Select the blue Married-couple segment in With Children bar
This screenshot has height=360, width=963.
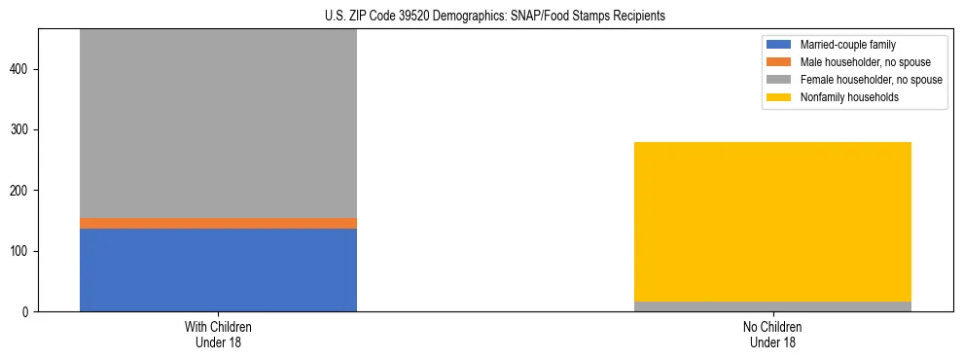click(x=218, y=270)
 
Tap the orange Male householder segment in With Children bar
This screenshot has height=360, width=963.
click(x=218, y=223)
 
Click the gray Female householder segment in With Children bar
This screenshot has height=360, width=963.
click(x=218, y=123)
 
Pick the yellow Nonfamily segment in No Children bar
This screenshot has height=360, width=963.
click(x=772, y=221)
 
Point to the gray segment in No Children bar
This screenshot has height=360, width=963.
click(x=772, y=306)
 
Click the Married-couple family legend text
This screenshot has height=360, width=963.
click(x=848, y=45)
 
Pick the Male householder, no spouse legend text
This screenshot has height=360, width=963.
click(x=865, y=62)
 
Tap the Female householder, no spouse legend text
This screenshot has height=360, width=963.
click(x=871, y=80)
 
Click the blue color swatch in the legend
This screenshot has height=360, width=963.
click(x=779, y=45)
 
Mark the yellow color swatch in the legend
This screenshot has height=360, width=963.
click(x=779, y=97)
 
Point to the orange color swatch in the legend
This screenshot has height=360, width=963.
click(x=779, y=62)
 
